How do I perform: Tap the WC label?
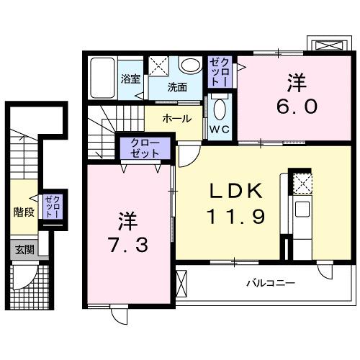(219, 130)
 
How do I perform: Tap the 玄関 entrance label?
(24, 250)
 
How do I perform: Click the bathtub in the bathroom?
(102, 77)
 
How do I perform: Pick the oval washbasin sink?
(189, 66)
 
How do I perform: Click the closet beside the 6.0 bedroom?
(219, 72)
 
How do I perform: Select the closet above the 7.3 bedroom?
(145, 149)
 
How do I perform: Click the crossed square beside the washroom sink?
(158, 66)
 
